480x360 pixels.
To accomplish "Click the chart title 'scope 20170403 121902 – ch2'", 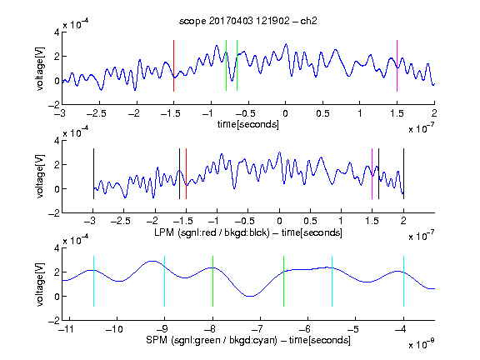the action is (x=247, y=21).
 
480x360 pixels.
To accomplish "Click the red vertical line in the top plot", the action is (x=173, y=66).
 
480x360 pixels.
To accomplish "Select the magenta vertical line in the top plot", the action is (x=397, y=66).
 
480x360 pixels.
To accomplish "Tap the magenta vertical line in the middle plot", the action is (x=372, y=173).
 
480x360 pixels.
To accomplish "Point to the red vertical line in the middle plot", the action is (x=186, y=173).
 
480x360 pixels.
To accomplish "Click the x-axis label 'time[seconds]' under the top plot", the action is (x=248, y=124).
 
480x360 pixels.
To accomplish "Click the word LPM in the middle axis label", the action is (x=164, y=232).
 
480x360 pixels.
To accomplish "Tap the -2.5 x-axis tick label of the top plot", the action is (x=97, y=113).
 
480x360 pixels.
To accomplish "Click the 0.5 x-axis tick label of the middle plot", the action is (x=310, y=221).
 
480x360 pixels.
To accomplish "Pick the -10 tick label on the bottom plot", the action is (x=114, y=329).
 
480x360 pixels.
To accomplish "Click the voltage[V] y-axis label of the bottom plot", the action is (x=40, y=284).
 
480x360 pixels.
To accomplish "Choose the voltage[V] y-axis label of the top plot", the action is (x=40, y=68).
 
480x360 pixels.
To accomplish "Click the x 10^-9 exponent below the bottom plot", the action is (x=422, y=344).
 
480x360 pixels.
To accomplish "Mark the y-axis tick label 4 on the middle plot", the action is (x=57, y=141).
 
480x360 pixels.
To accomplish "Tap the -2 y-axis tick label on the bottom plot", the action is (x=54, y=321).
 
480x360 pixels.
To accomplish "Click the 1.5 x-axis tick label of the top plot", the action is (x=397, y=113).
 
